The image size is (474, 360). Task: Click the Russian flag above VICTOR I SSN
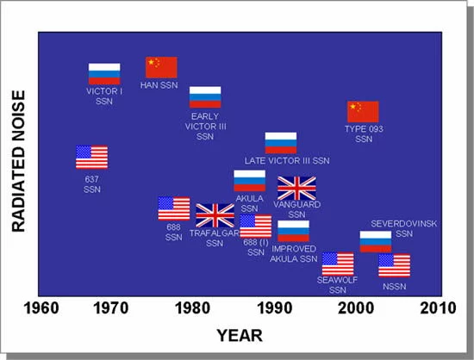tap(104, 73)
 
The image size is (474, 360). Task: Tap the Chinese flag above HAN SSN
tap(161, 67)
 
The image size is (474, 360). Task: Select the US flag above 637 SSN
tap(91, 157)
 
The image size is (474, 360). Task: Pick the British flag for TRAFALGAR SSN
tap(215, 215)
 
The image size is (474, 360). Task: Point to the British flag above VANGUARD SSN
tap(296, 188)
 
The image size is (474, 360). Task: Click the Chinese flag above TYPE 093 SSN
tap(363, 111)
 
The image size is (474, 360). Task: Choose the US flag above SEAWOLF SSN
tap(338, 264)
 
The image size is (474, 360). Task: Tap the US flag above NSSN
tap(394, 265)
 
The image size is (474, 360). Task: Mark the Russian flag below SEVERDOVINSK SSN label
tap(376, 242)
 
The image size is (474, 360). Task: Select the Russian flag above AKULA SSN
tap(250, 180)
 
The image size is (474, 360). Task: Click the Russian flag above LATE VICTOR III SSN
tap(281, 143)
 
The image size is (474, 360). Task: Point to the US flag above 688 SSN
tap(174, 208)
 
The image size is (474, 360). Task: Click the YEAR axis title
tap(239, 334)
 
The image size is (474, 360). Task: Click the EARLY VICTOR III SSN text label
tap(205, 126)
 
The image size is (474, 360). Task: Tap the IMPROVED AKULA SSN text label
tap(294, 253)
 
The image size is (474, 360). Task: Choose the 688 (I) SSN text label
tap(256, 247)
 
